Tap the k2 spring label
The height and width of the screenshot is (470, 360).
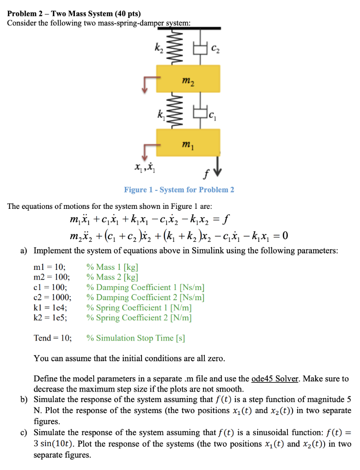tap(159, 45)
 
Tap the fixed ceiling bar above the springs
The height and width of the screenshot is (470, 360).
tap(188, 28)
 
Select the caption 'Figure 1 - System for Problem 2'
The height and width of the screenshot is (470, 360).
tap(179, 190)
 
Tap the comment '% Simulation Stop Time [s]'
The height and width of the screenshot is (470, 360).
tap(135, 338)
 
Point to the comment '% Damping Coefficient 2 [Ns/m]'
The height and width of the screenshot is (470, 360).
tap(145, 297)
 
